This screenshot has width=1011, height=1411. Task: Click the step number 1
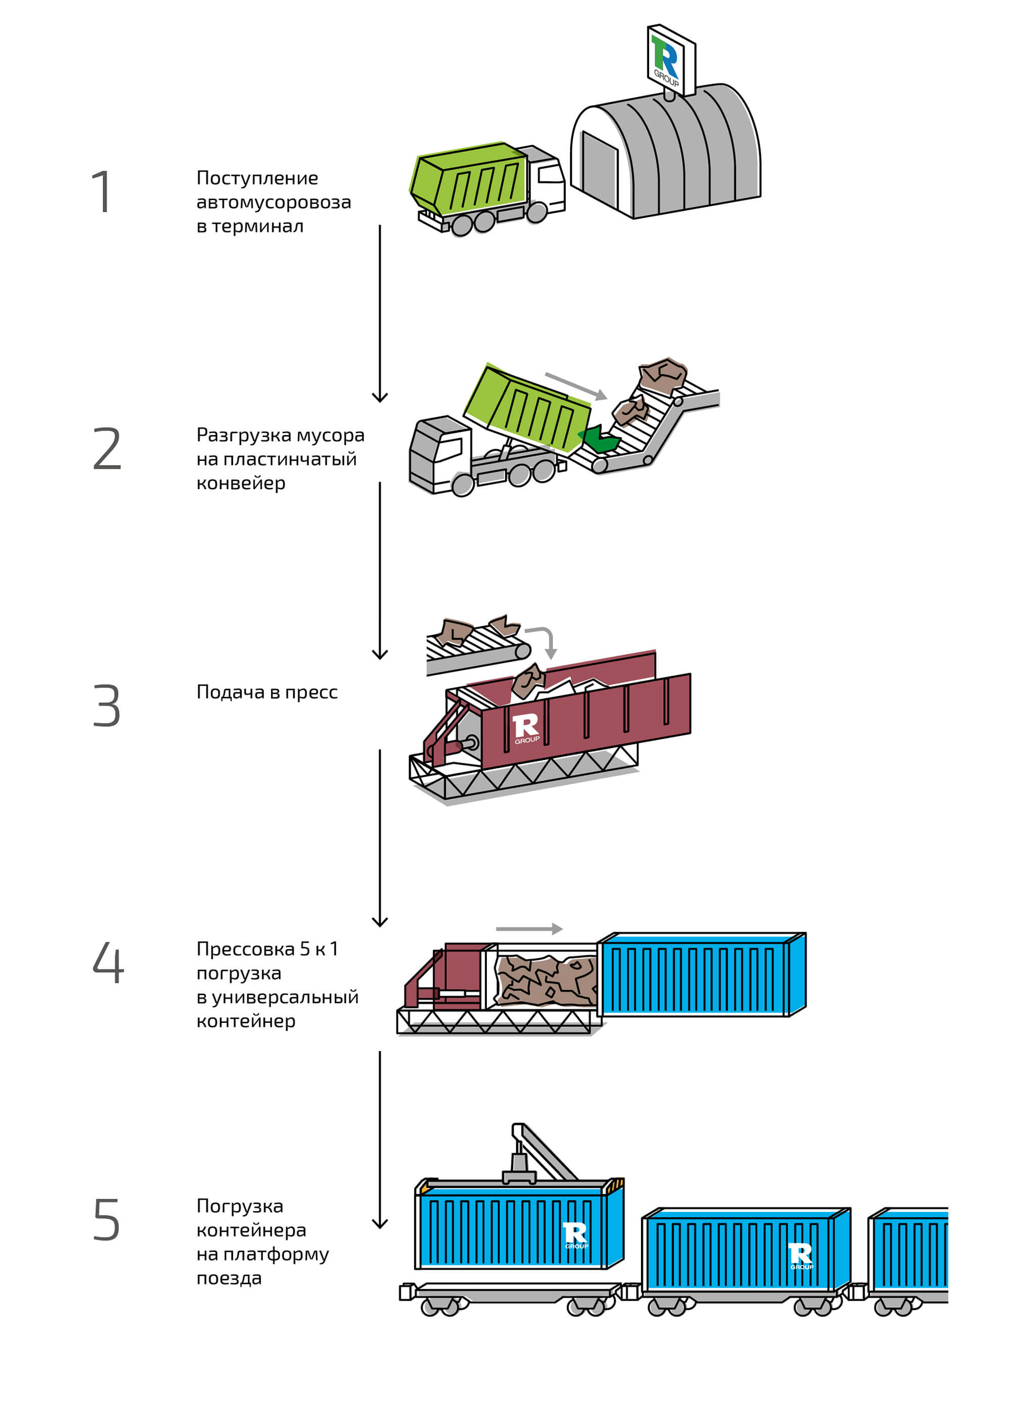tap(102, 192)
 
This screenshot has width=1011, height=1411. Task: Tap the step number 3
tap(106, 705)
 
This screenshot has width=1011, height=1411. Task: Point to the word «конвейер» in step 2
tap(241, 484)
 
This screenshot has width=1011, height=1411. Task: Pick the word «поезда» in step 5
tap(229, 1278)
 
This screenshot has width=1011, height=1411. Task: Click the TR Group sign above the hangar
tap(670, 59)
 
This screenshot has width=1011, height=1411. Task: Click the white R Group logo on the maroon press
tap(526, 728)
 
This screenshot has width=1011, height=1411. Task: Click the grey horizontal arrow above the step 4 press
tap(529, 929)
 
